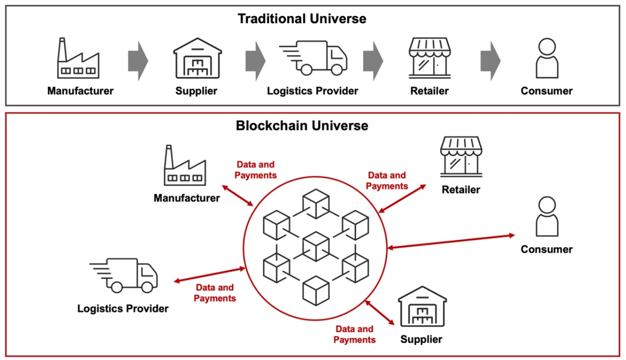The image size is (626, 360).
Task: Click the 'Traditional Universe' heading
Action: pyautogui.click(x=302, y=19)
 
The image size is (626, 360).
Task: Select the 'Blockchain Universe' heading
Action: pyautogui.click(x=302, y=126)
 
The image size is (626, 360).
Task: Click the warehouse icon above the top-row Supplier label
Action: pyautogui.click(x=197, y=58)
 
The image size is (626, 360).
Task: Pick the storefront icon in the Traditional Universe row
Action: pyautogui.click(x=429, y=58)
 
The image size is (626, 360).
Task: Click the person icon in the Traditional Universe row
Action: pyautogui.click(x=547, y=58)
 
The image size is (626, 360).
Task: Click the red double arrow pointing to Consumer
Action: pyautogui.click(x=451, y=242)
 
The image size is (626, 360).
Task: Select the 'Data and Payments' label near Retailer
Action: pyautogui.click(x=387, y=180)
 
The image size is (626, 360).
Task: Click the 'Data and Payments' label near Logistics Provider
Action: pyautogui.click(x=215, y=293)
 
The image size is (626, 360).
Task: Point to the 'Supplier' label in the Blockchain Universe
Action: pyautogui.click(x=421, y=339)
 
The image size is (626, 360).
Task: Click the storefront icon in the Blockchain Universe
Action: pyautogui.click(x=461, y=155)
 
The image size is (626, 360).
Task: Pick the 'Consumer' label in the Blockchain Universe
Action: pyautogui.click(x=546, y=249)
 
